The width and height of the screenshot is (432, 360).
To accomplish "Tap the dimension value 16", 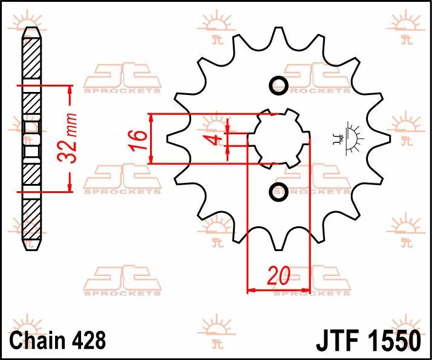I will tap(138, 138).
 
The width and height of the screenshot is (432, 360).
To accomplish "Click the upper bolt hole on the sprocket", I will tap(279, 85).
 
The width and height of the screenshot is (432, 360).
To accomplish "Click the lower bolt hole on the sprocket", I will tap(279, 192).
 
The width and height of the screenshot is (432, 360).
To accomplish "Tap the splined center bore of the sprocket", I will tap(279, 139).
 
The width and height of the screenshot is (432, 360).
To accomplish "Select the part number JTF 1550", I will tap(368, 339).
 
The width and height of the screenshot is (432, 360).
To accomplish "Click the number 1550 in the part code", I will tap(392, 339).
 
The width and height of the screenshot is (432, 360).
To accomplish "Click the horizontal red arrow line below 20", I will tap(279, 291).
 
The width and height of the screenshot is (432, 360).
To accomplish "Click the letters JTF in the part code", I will tap(336, 339).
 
